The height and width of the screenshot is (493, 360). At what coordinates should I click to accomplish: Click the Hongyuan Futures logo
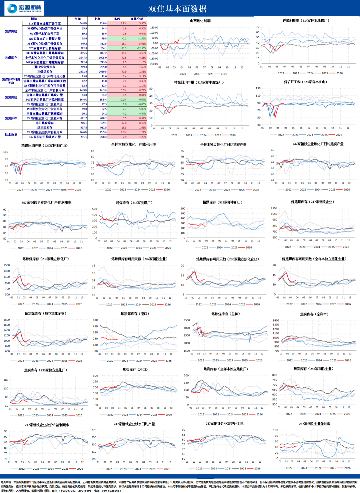24,8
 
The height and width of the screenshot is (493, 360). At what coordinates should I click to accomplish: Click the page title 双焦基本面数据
177,9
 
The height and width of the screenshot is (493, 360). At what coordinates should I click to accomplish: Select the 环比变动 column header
137,19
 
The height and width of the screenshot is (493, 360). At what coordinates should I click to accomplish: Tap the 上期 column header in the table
97,19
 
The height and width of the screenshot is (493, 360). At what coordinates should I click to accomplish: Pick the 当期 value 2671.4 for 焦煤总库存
83,72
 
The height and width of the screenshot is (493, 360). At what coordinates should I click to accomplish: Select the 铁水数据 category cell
11,135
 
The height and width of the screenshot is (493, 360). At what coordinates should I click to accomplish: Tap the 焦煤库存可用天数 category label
11,81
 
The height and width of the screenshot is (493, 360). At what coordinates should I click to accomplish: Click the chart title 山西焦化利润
200,21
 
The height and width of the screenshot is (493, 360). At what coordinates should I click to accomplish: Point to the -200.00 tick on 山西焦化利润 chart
154,64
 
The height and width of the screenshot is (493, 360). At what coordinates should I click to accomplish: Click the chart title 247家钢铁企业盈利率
314,424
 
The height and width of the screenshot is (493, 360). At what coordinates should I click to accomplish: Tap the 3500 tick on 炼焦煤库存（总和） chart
187,320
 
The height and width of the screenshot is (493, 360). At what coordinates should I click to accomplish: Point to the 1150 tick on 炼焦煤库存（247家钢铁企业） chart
274,208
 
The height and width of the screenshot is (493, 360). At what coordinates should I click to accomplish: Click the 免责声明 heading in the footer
6,482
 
